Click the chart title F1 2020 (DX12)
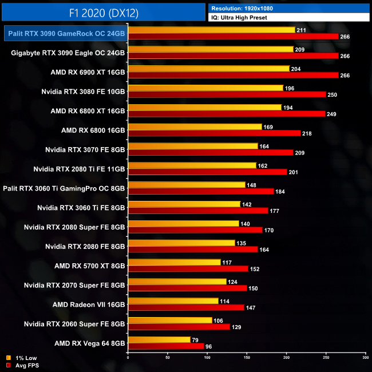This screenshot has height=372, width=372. coord(103,12)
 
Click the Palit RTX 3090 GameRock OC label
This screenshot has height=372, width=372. coord(66,34)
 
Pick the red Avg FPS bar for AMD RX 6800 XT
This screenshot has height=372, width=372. coord(227,114)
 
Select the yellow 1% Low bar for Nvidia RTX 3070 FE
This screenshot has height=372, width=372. coord(193,146)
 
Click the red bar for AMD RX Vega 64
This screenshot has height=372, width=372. coord(166,346)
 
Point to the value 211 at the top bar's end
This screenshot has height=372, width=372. coord(302,30)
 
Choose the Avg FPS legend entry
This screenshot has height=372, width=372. coord(22,365)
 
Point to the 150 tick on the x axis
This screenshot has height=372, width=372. coord(247,358)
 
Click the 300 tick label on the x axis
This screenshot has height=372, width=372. coord(365,358)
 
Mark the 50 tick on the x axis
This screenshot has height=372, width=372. coord(168,358)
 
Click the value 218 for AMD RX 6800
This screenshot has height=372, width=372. coord(307,133)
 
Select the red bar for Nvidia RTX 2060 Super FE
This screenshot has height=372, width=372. coord(179,327)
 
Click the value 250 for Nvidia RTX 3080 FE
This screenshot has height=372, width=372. coord(332,94)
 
